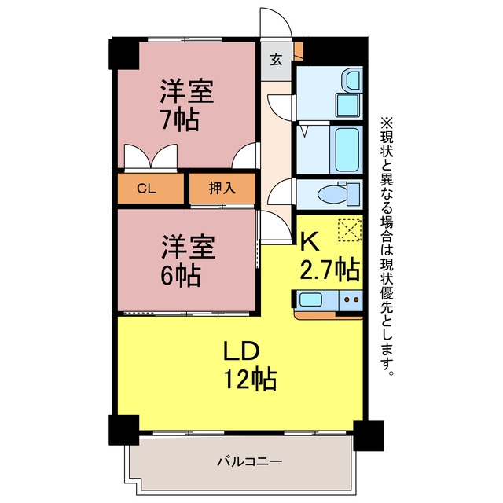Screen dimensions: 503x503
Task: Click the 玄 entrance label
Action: (x=276, y=60)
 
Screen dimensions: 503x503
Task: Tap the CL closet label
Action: (x=146, y=189)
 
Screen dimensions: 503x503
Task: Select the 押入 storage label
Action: (x=222, y=188)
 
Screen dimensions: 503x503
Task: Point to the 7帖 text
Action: (x=180, y=120)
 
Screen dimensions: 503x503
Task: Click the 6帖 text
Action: (x=181, y=275)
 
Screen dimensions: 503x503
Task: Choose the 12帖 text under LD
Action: (x=250, y=379)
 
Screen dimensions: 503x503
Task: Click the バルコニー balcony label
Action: (x=250, y=462)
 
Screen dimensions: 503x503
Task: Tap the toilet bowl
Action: (x=332, y=194)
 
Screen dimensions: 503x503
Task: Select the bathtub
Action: (x=347, y=149)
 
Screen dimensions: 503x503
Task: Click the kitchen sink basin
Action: (x=311, y=299)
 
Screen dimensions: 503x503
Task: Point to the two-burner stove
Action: (x=351, y=300)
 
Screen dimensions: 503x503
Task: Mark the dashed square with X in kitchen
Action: (x=349, y=229)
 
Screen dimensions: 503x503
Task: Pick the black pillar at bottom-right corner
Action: (x=369, y=436)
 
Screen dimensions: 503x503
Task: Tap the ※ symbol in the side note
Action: (x=387, y=123)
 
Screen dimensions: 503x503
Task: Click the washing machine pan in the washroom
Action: (x=347, y=105)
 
